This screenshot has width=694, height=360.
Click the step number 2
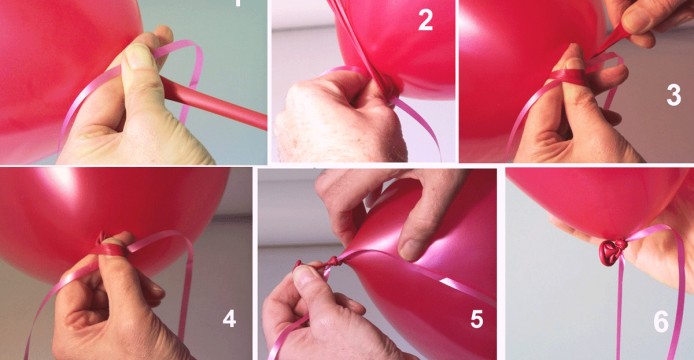[425, 21]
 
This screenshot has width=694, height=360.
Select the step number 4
[229, 319]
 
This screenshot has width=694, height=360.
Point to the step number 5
[476, 319]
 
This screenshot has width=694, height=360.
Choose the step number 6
[661, 322]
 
